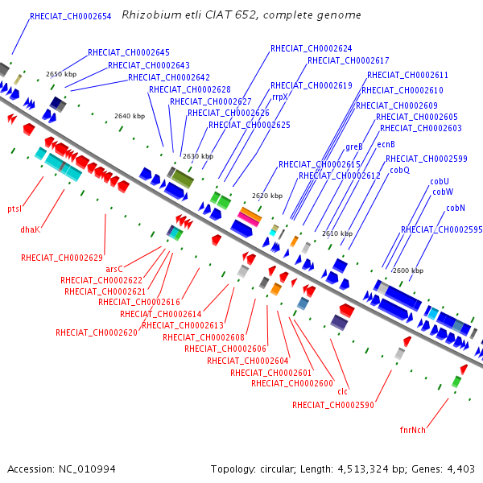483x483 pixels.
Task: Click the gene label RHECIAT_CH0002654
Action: tap(71, 16)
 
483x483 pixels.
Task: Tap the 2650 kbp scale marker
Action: tap(61, 74)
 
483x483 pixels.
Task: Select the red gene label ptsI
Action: tap(14, 208)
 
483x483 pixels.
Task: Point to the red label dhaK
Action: tap(31, 229)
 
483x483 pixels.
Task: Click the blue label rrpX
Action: tap(279, 97)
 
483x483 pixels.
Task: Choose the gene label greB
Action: tap(354, 147)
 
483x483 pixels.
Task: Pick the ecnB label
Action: tap(386, 144)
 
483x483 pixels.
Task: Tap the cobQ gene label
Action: tap(399, 171)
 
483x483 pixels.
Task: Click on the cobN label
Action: tap(456, 208)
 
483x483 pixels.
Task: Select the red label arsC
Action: tap(114, 269)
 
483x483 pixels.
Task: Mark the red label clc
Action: tap(343, 391)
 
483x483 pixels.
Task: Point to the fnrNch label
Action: tap(412, 430)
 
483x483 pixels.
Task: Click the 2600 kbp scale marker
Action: tap(408, 270)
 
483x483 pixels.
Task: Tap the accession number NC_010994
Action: tap(87, 469)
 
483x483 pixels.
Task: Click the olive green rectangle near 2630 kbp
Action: tap(183, 179)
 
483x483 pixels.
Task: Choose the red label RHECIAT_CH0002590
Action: tap(333, 405)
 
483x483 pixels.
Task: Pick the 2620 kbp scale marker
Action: tap(267, 196)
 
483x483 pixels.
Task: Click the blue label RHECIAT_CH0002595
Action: tap(441, 229)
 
